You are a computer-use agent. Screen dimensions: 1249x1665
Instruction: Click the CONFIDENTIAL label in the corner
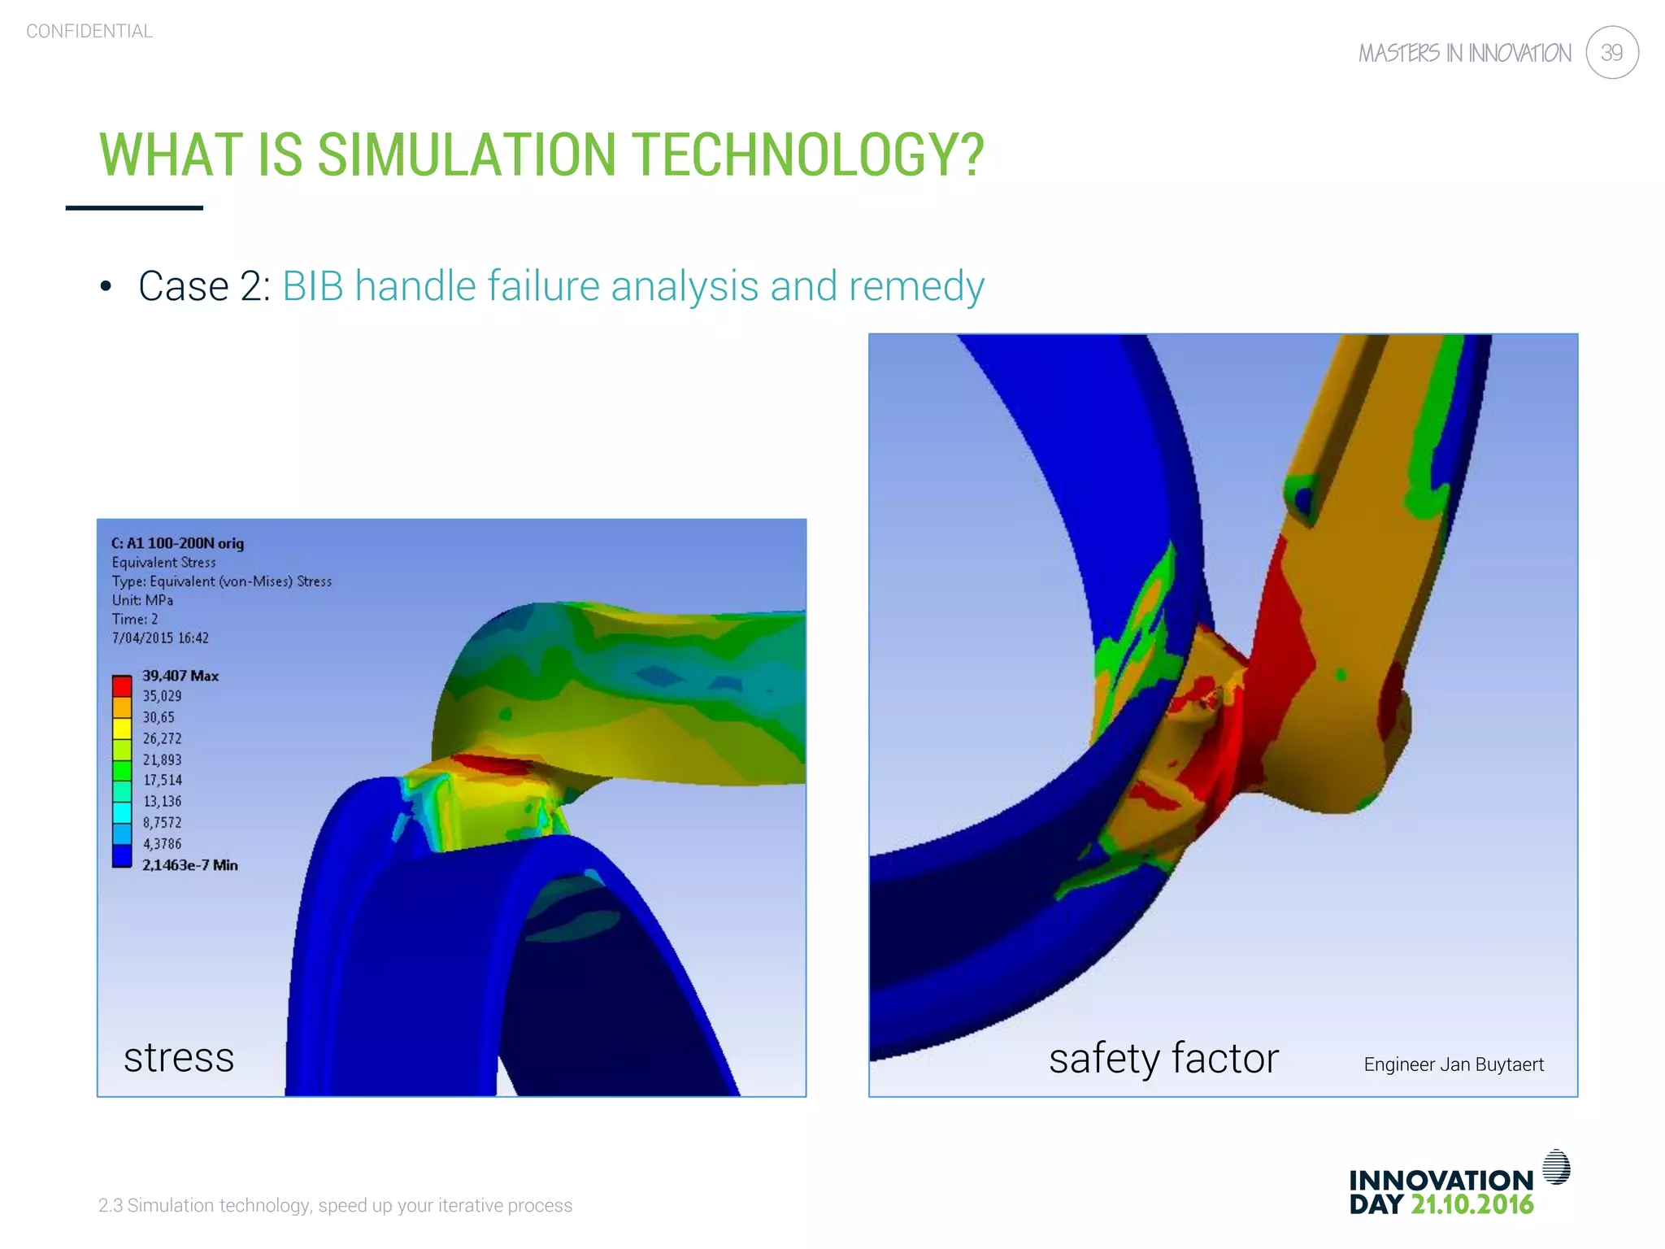point(89,32)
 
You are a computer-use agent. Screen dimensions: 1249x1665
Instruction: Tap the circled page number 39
point(1611,53)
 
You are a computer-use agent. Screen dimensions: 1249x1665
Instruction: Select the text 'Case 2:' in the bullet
point(204,286)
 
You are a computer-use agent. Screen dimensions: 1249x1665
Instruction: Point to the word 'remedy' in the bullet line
point(916,286)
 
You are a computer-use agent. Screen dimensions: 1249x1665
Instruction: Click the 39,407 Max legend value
point(180,676)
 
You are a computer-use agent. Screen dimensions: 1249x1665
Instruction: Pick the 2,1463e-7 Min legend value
point(189,865)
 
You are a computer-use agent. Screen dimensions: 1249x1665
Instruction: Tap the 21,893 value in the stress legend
point(163,759)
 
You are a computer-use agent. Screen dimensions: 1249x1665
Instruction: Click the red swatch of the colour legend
point(122,685)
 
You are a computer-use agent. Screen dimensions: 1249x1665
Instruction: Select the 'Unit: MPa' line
point(142,600)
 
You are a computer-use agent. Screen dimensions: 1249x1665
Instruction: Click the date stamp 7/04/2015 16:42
point(160,638)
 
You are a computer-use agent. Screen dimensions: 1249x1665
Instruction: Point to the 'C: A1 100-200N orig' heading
point(177,543)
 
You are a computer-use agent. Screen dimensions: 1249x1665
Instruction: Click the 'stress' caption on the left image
point(179,1057)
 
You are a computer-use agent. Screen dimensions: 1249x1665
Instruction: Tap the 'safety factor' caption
point(1163,1059)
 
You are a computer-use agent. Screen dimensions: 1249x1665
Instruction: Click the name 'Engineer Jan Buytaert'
point(1454,1064)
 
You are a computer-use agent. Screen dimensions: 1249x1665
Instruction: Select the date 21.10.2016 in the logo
point(1472,1204)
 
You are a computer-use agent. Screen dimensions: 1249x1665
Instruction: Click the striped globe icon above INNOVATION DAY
point(1556,1167)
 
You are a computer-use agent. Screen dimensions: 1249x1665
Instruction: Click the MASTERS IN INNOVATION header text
point(1465,54)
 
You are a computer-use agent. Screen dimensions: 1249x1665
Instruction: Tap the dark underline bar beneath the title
point(134,208)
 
